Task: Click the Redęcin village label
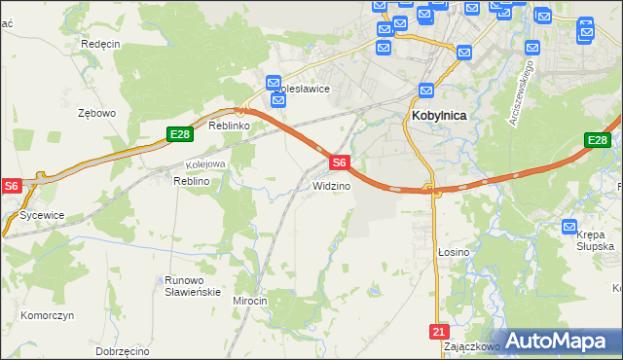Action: pyautogui.click(x=100, y=44)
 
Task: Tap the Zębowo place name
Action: pyautogui.click(x=96, y=113)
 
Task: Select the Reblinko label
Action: pyautogui.click(x=230, y=126)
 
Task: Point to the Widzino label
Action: pyautogui.click(x=331, y=186)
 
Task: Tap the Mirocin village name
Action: pyautogui.click(x=249, y=302)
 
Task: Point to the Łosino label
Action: pyautogui.click(x=453, y=252)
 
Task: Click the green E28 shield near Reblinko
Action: pyautogui.click(x=177, y=133)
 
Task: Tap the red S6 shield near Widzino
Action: pyautogui.click(x=338, y=162)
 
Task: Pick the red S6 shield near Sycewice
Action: pyautogui.click(x=11, y=185)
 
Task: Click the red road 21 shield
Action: pyautogui.click(x=437, y=332)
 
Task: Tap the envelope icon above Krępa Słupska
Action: pyautogui.click(x=570, y=227)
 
